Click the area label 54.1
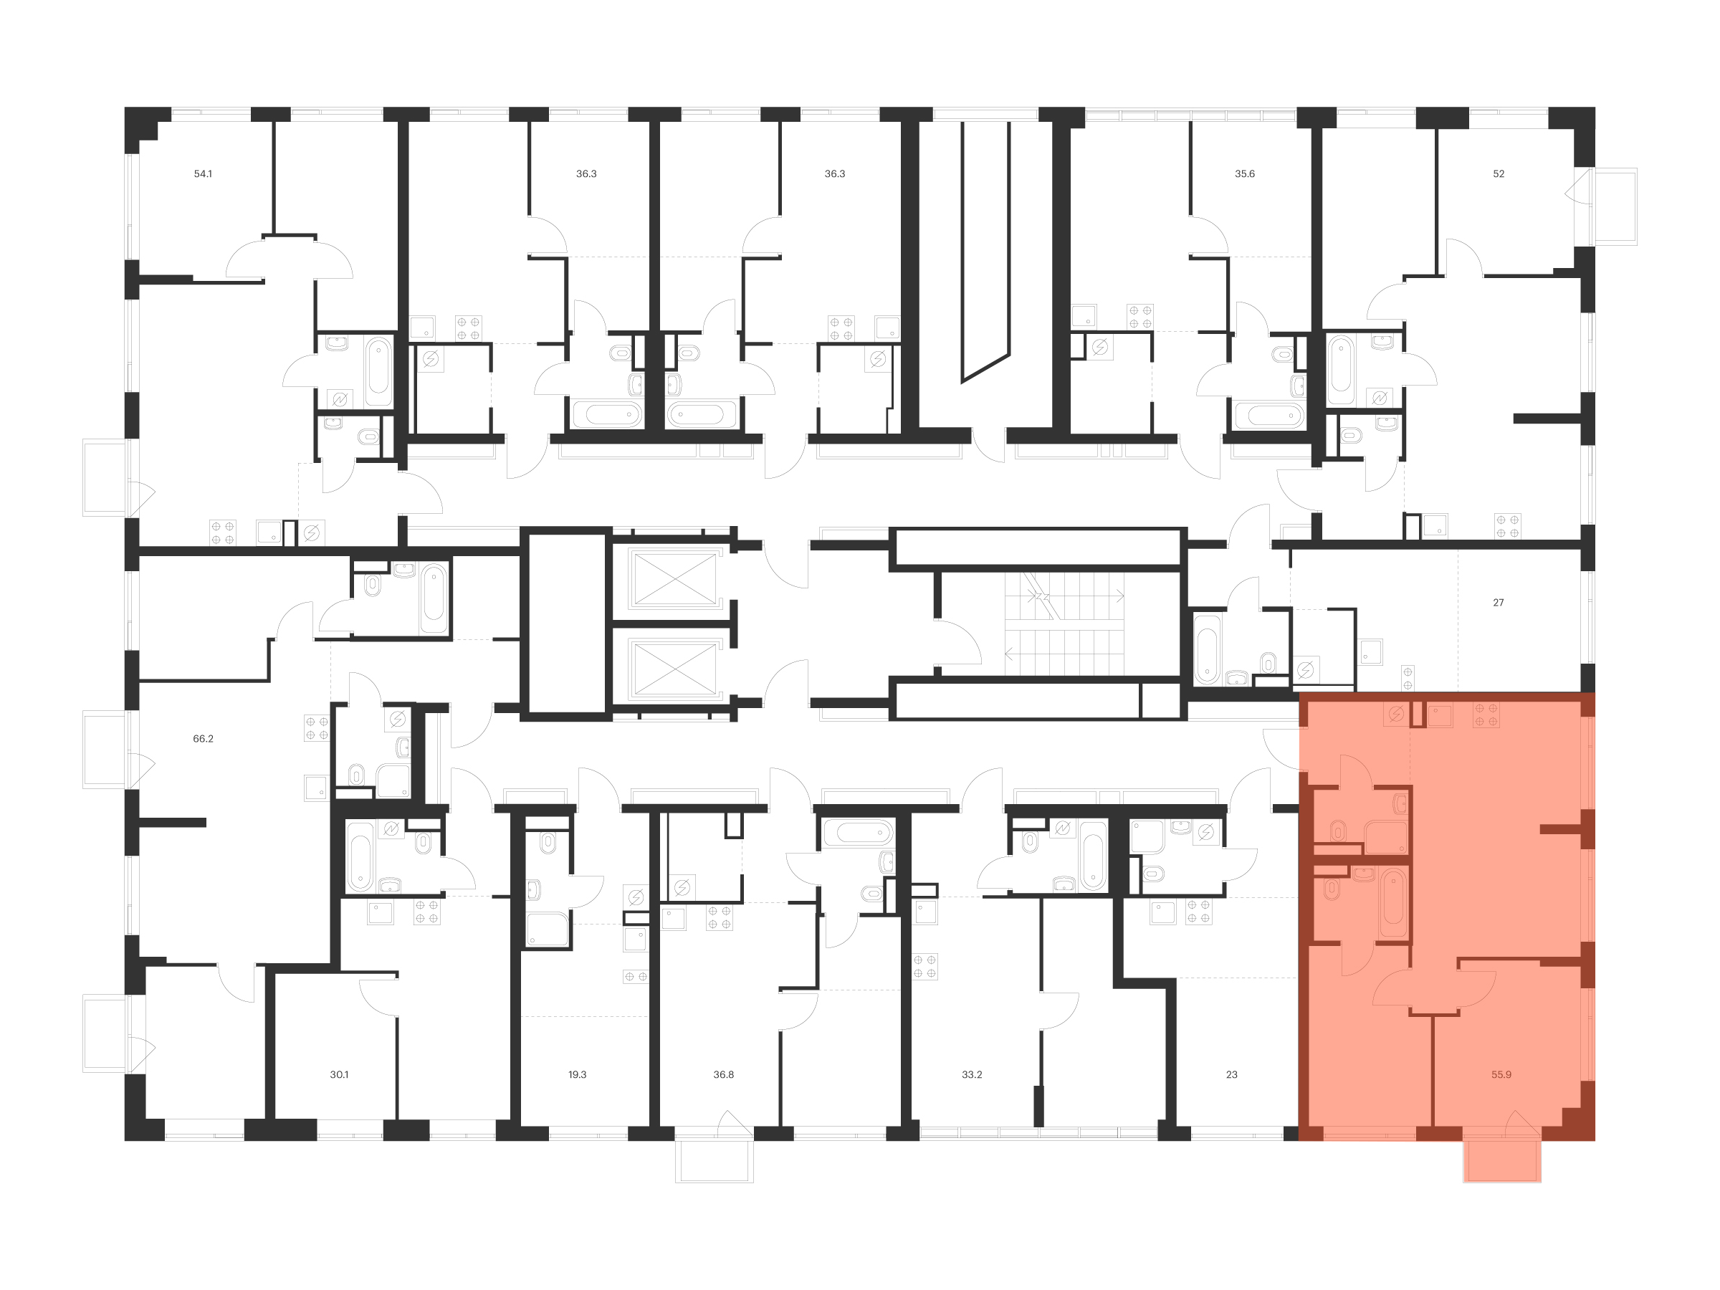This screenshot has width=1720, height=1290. (203, 174)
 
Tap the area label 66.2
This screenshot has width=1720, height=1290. (203, 739)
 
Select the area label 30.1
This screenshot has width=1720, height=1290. (339, 1074)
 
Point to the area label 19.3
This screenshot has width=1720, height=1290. (577, 1074)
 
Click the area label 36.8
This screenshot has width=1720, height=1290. (723, 1074)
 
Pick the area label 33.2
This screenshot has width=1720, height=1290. (972, 1074)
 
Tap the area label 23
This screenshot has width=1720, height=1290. (1232, 1074)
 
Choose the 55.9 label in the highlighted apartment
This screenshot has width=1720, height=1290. (1501, 1074)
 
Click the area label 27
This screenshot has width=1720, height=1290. (1499, 603)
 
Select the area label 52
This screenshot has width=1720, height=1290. (1499, 174)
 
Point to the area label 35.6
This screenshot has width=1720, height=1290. (1245, 174)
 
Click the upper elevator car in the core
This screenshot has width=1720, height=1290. (674, 578)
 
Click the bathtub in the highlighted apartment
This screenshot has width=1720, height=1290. (1392, 904)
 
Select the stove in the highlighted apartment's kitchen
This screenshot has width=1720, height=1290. (1486, 715)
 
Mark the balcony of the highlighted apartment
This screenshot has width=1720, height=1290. (1502, 1161)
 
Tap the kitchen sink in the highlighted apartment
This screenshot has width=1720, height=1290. (1440, 715)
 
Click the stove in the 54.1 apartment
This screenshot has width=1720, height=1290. (222, 532)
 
